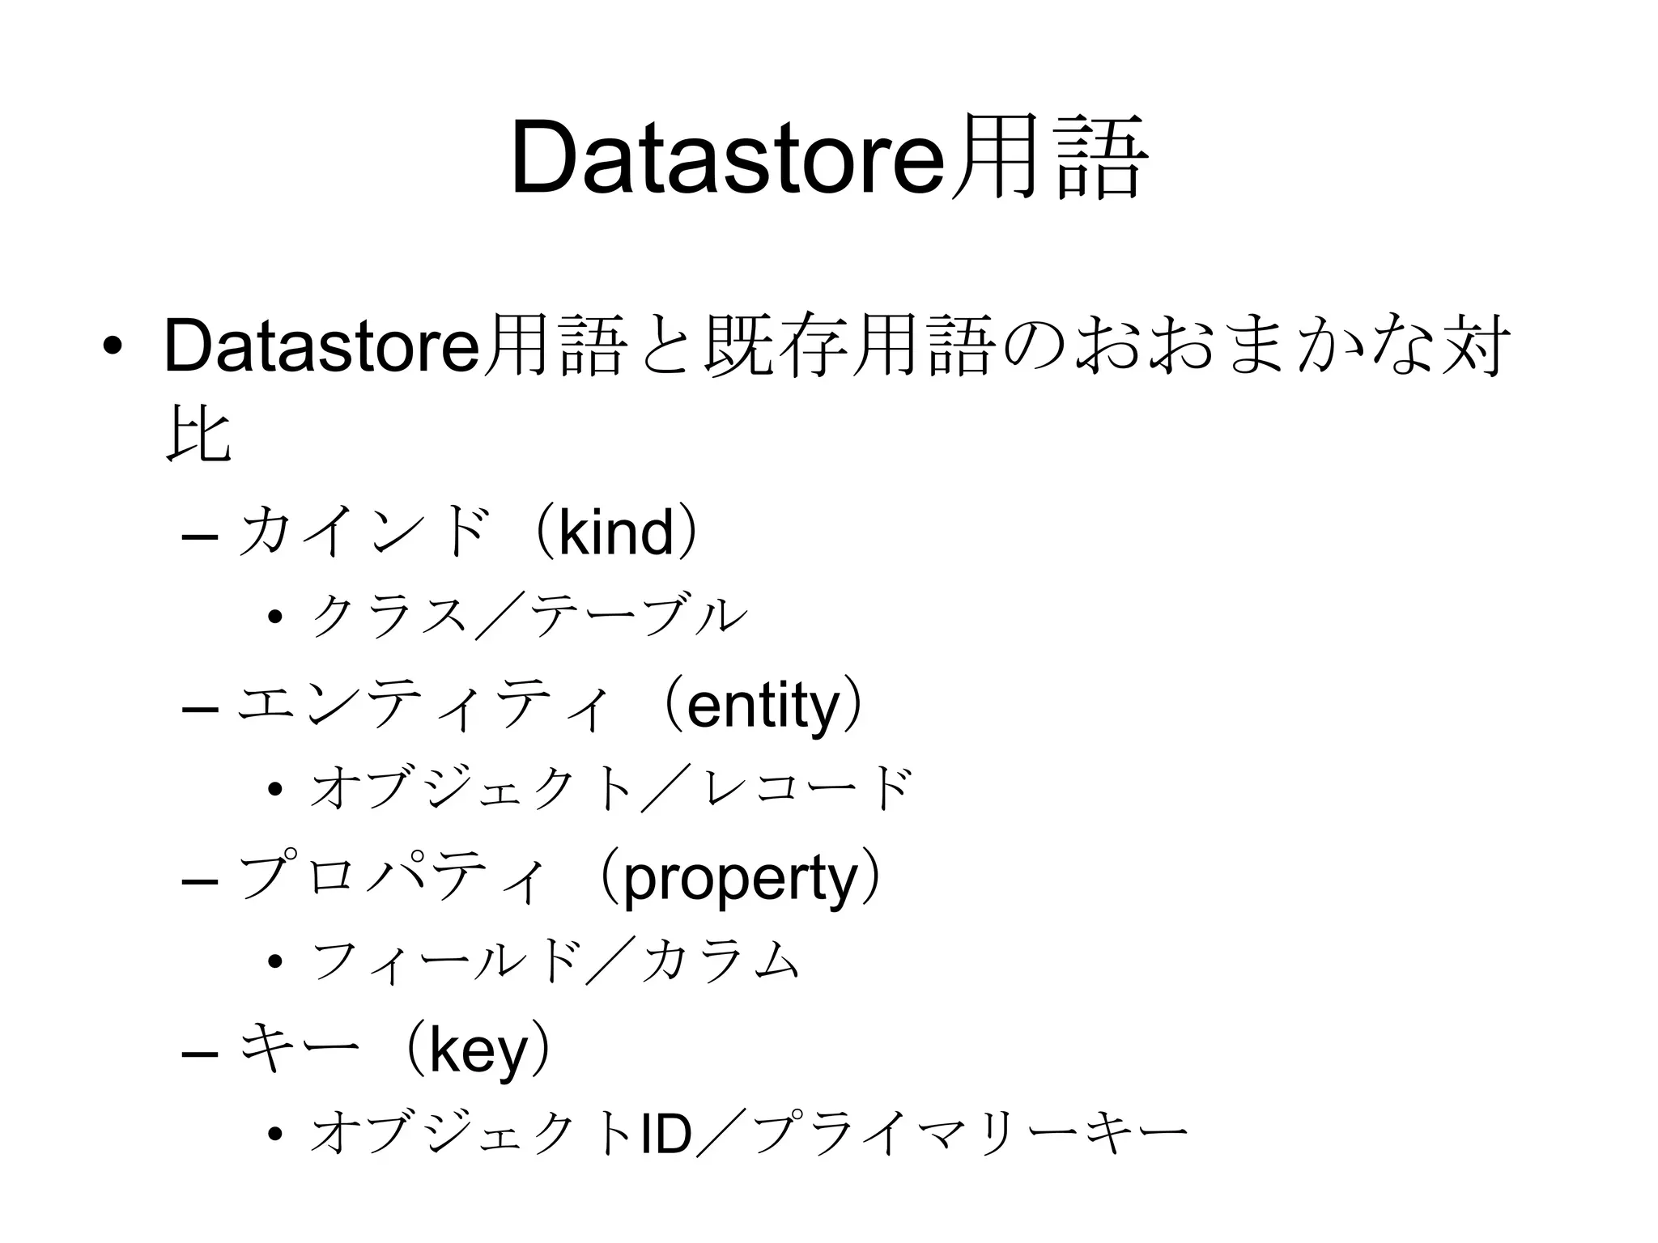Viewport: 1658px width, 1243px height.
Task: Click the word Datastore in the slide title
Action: (x=729, y=159)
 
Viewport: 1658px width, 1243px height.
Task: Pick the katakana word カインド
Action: (x=365, y=532)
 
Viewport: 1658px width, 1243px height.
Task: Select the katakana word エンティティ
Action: (x=421, y=706)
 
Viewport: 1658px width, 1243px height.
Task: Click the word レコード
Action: (x=809, y=789)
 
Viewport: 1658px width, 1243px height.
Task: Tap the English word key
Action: (x=478, y=1050)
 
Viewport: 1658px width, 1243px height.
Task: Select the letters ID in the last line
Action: (x=665, y=1135)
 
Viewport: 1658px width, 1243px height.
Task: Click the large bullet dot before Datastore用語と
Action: (x=112, y=347)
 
